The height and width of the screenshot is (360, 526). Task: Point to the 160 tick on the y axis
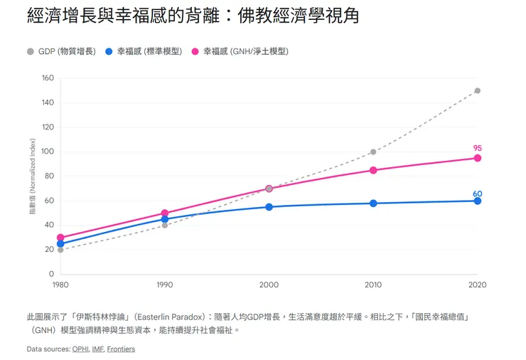pos(48,78)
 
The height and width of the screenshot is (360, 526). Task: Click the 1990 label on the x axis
pos(164,285)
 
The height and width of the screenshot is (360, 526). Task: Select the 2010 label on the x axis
pos(373,285)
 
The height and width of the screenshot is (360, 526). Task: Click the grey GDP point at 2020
pos(478,90)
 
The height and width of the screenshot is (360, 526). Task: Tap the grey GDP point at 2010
pos(373,152)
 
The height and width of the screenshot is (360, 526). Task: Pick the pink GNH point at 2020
pos(478,158)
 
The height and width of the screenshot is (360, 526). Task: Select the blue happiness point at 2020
pos(478,201)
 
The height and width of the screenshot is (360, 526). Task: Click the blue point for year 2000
pos(269,207)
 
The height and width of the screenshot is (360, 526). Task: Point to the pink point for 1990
pos(165,213)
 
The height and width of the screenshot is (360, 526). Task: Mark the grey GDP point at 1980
pos(60,250)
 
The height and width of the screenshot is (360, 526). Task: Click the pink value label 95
pos(478,148)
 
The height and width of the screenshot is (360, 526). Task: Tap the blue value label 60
pos(478,194)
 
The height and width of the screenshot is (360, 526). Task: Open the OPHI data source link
pos(80,349)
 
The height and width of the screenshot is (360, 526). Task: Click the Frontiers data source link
pos(121,349)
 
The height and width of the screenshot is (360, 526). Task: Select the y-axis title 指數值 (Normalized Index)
pos(32,176)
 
